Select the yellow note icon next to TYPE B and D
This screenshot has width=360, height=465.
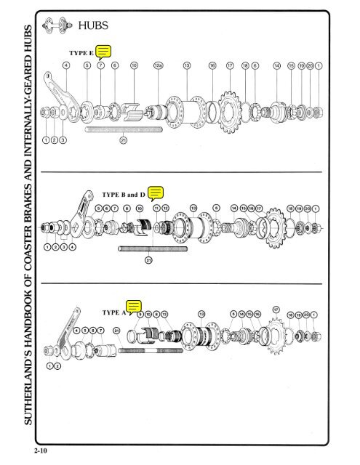tap(156, 193)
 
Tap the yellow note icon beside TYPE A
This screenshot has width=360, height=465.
tap(133, 308)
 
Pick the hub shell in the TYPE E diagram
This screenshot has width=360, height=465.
tap(188, 110)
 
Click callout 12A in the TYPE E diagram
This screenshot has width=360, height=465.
tap(158, 65)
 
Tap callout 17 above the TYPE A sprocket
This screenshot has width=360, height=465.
tap(276, 310)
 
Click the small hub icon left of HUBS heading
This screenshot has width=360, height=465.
tap(58, 26)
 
